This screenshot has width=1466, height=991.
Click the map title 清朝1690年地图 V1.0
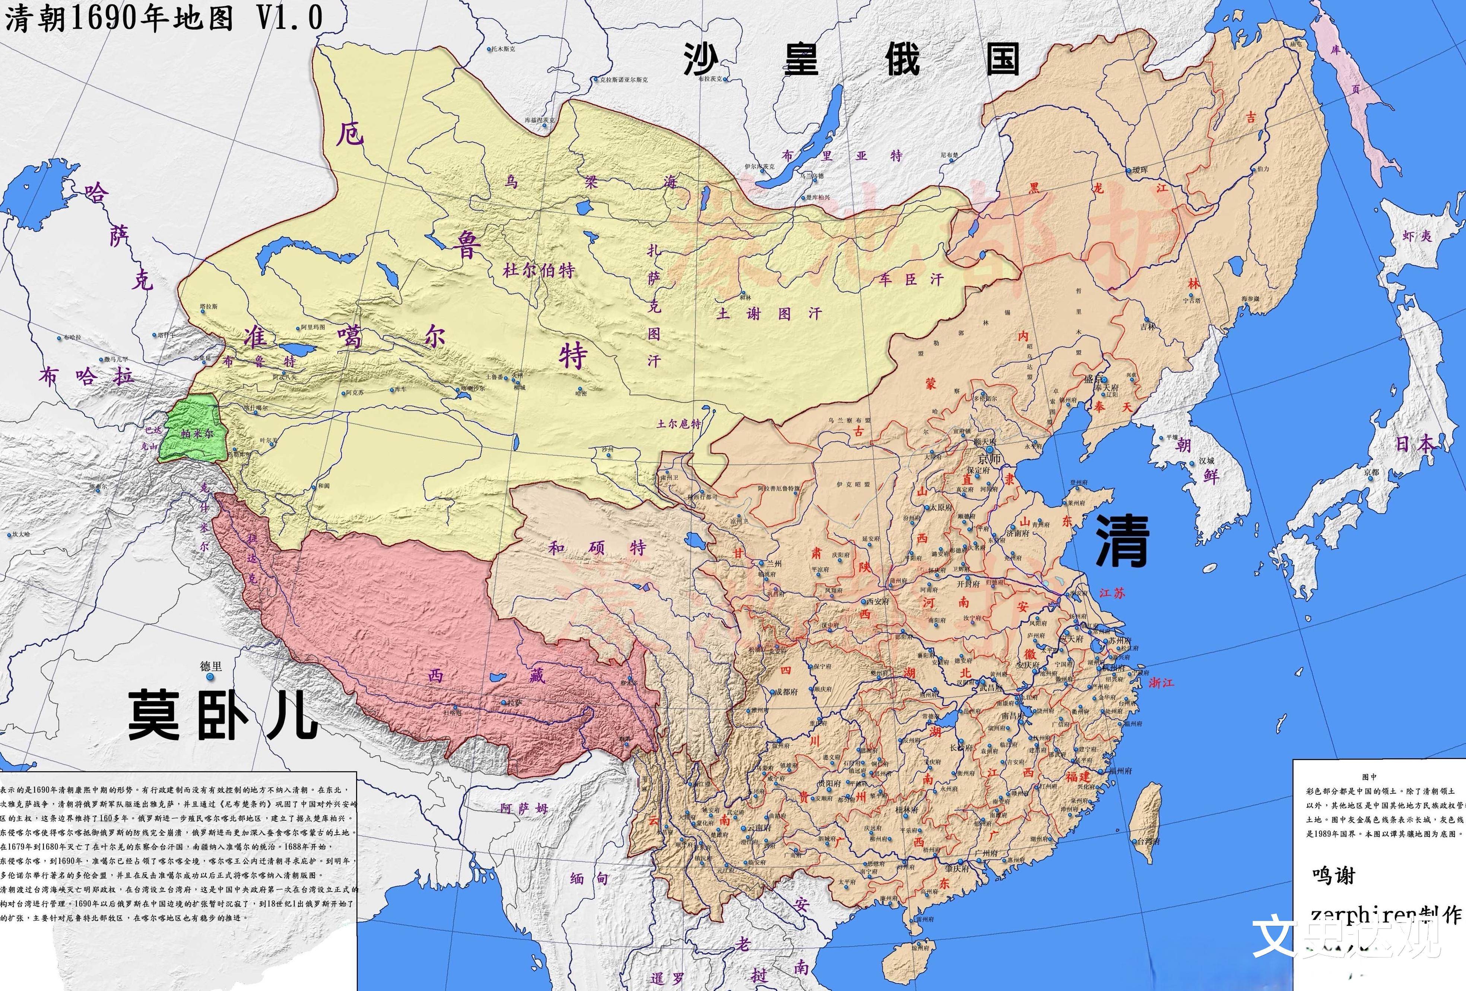point(164,18)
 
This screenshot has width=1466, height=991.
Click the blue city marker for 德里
point(210,677)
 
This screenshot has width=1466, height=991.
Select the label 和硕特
point(597,547)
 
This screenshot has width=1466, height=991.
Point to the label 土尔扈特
point(679,423)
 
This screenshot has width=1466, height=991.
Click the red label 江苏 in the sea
point(1112,593)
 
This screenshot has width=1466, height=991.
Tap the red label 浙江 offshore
point(1161,683)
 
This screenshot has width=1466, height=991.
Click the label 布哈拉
point(86,377)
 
